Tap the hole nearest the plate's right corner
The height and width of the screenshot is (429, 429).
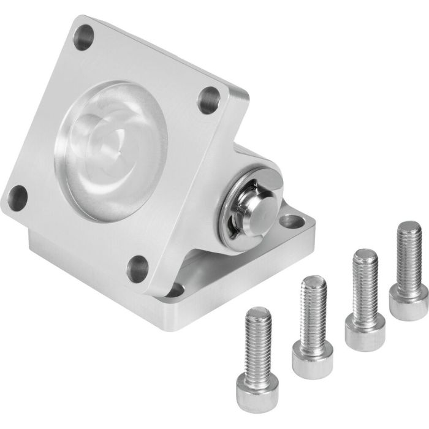(x=210, y=97)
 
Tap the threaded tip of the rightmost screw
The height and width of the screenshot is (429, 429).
(x=408, y=233)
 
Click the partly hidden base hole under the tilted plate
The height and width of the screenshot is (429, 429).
(x=175, y=287)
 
